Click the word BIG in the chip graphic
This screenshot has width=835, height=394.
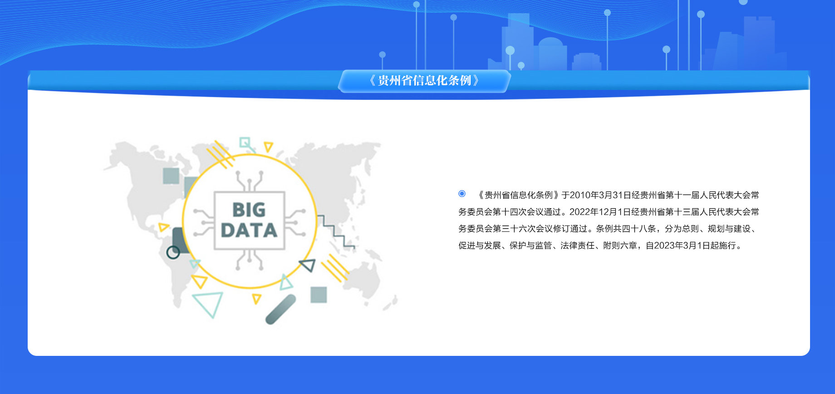pyautogui.click(x=249, y=210)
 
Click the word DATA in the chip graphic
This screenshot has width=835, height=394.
pyautogui.click(x=249, y=230)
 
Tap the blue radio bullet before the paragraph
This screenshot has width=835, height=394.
pyautogui.click(x=462, y=194)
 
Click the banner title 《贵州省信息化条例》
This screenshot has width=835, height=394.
pyautogui.click(x=424, y=81)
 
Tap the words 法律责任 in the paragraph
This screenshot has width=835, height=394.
pyautogui.click(x=577, y=246)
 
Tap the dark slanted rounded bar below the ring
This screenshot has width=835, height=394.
pyautogui.click(x=280, y=310)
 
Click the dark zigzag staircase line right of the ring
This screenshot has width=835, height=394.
pyautogui.click(x=336, y=231)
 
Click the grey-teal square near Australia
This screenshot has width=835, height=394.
pyautogui.click(x=319, y=295)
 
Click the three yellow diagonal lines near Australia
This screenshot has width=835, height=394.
pyautogui.click(x=335, y=268)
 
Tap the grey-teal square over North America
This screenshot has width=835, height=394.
pyautogui.click(x=171, y=176)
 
